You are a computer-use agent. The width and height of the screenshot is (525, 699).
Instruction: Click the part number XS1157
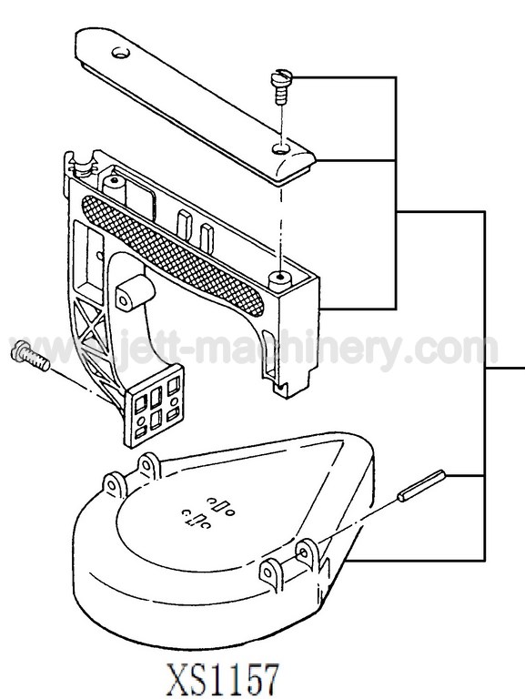(223, 678)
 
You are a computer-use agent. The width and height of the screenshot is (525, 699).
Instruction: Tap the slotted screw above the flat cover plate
(282, 87)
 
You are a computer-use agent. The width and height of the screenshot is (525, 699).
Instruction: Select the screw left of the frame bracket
(29, 355)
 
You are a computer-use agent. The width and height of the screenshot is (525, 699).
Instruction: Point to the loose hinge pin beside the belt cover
(421, 485)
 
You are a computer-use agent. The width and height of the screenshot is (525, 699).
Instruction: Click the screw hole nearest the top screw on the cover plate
(280, 148)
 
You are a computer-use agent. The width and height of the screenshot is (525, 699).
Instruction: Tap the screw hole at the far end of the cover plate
(121, 53)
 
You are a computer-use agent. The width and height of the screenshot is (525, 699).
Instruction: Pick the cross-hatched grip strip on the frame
(174, 255)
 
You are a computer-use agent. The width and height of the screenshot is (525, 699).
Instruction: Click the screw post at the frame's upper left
(114, 187)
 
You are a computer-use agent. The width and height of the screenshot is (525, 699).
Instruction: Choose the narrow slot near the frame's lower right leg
(268, 352)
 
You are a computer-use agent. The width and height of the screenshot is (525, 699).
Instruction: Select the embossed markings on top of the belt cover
(207, 513)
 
